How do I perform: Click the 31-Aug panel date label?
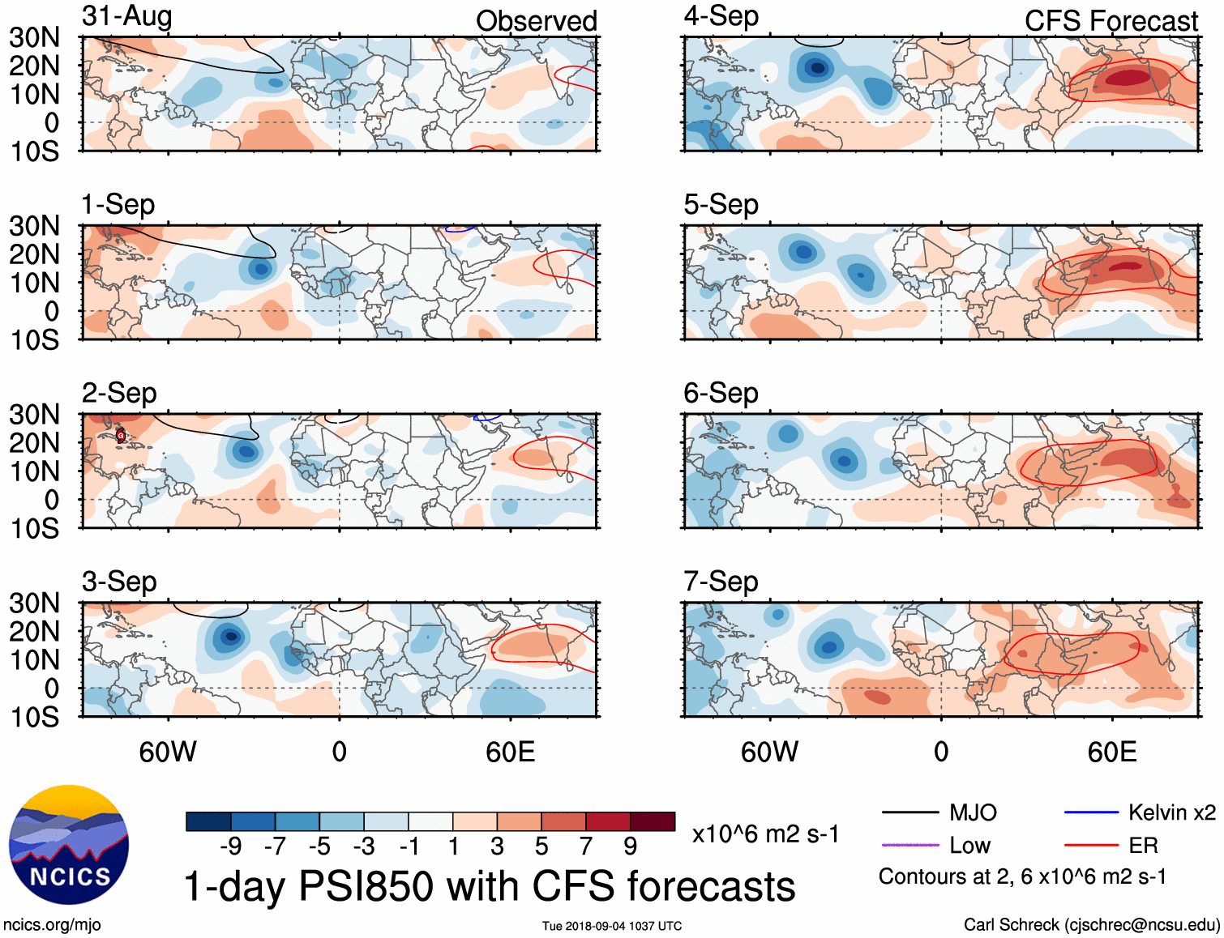(126, 16)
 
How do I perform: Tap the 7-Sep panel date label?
(721, 582)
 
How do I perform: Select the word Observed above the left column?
(536, 21)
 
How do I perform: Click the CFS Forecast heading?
(1111, 21)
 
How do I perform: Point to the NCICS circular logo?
(69, 845)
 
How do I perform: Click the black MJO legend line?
(909, 812)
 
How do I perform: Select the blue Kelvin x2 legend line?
(1091, 812)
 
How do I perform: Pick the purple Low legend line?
(909, 846)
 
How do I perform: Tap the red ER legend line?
(1091, 846)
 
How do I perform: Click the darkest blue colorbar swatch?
(208, 821)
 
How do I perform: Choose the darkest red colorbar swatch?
(653, 821)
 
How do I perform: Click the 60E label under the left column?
(510, 753)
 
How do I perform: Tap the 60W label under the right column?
(769, 753)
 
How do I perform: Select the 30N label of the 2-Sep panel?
(34, 415)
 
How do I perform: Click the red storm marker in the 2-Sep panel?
(121, 435)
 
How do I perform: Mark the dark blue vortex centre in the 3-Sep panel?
(231, 637)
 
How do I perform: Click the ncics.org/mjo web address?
(52, 925)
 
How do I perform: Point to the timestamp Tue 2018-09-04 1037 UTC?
(612, 926)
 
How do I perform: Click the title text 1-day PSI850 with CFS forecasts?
(490, 886)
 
